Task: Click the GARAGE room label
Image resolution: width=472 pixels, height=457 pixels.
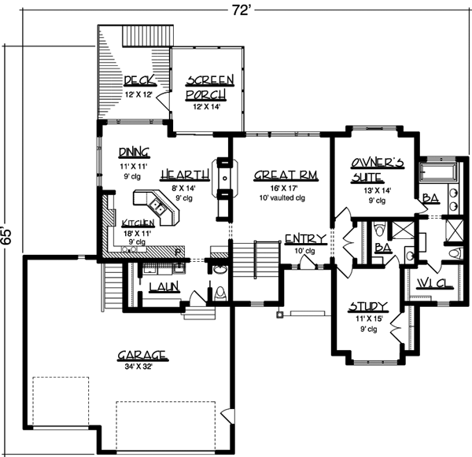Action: coord(142,354)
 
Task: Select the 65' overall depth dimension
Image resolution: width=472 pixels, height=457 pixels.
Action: coord(8,237)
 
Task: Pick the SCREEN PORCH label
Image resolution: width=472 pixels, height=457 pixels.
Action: coord(208,88)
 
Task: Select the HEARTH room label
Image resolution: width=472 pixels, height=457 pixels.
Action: coord(184,175)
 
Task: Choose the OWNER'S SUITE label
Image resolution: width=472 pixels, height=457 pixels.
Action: coord(378,171)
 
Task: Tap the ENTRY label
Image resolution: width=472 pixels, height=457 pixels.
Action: coord(301,238)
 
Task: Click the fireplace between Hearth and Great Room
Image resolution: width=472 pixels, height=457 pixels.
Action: coord(223,179)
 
